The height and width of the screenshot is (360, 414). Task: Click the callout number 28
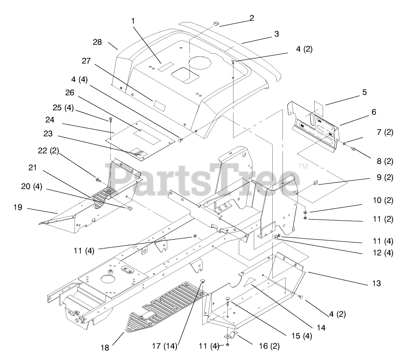click(x=98, y=42)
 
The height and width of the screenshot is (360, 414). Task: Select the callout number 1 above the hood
click(x=132, y=20)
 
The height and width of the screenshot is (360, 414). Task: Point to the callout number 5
click(x=365, y=92)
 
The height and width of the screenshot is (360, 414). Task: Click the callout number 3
click(x=277, y=33)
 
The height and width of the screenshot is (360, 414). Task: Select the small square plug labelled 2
click(x=216, y=22)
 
